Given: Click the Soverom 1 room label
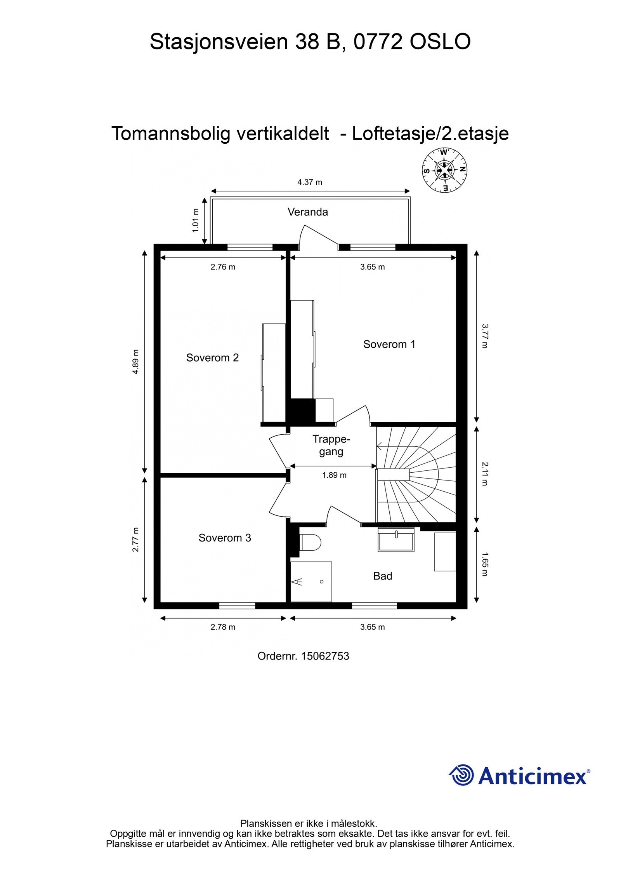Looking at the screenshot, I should pos(389,344).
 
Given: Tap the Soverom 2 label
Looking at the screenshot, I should pos(212,358).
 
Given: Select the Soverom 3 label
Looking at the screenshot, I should pos(225,538).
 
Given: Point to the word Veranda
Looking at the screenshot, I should pos(307,212).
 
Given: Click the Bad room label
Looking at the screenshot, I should pos(382,576).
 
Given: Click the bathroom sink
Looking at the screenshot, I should pos(396,541).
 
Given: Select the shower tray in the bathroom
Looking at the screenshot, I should pos(311,581).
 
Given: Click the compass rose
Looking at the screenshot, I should pos(444,170).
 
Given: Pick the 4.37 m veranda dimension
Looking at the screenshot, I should pos(309,182).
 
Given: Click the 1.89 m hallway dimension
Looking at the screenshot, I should pos(334,475).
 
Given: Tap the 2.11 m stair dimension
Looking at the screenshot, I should pos(484,474).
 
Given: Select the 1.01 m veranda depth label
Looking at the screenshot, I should pos(196,221).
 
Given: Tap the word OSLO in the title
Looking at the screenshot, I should pos(440,42).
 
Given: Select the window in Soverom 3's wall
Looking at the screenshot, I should pos(237,606).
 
